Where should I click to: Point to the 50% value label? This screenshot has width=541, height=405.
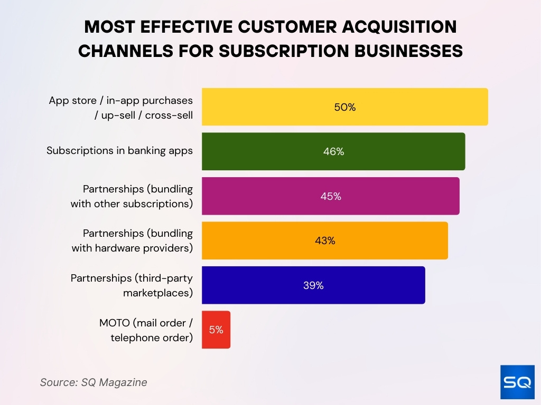click(x=345, y=107)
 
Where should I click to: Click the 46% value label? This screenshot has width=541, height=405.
click(x=333, y=151)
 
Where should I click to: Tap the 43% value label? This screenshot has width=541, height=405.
click(x=325, y=240)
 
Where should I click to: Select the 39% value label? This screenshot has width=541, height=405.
click(x=313, y=285)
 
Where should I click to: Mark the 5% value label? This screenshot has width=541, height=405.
click(x=216, y=330)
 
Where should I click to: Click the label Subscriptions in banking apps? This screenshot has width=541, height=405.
click(x=119, y=151)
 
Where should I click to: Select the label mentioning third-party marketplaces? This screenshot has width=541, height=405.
click(x=132, y=285)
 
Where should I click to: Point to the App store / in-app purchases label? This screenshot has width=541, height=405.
click(x=121, y=107)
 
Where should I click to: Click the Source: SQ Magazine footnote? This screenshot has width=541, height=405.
click(x=94, y=382)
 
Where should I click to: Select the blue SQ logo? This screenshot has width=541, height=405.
click(x=517, y=382)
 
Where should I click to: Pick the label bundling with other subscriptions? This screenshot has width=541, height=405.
click(x=132, y=196)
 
